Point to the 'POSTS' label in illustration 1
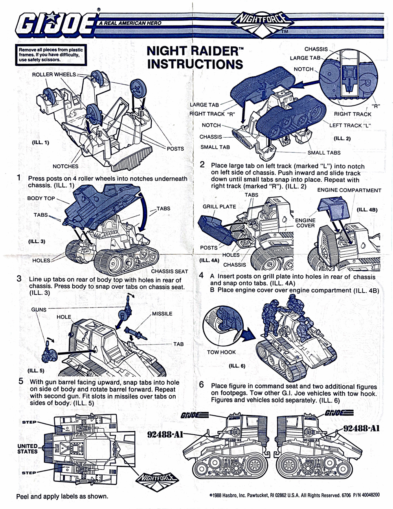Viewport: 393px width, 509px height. tap(175, 148)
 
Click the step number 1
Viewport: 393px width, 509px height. tap(18, 178)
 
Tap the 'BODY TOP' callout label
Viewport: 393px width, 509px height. tap(41, 198)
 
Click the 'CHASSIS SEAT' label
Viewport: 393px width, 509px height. tap(169, 271)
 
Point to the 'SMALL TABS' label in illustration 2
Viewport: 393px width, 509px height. tap(324, 153)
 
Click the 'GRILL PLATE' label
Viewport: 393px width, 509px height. tap(219, 207)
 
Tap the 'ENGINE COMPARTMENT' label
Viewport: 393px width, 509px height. tap(349, 190)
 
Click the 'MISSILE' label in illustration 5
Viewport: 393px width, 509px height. tap(162, 314)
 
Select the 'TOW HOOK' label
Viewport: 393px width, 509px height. tap(221, 352)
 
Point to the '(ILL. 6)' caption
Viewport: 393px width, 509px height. tap(237, 365)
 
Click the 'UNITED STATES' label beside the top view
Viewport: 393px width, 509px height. tap(27, 448)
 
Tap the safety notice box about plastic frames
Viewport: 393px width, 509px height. tap(51, 55)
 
